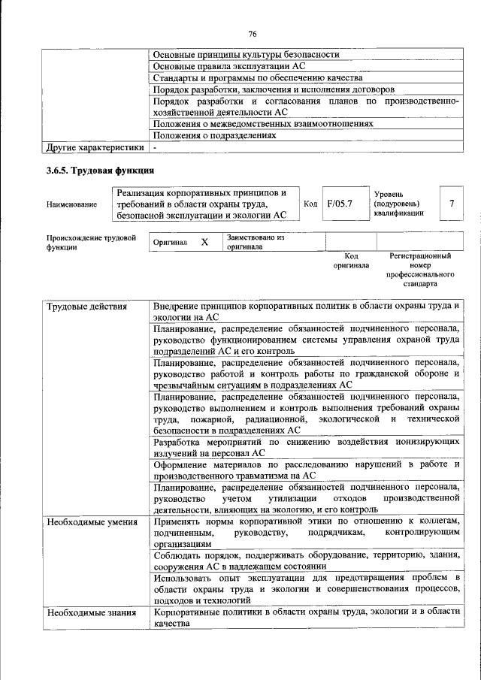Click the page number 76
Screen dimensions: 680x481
[x=253, y=34]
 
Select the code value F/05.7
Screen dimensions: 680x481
[x=340, y=204]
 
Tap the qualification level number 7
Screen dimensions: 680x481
[x=451, y=204]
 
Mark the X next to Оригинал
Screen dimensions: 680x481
[x=204, y=243]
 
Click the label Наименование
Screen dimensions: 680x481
[x=71, y=204]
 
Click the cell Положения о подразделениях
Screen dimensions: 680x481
[x=214, y=136]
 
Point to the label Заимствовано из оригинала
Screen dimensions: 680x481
[x=256, y=243]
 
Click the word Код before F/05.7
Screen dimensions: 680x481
[x=310, y=204]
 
